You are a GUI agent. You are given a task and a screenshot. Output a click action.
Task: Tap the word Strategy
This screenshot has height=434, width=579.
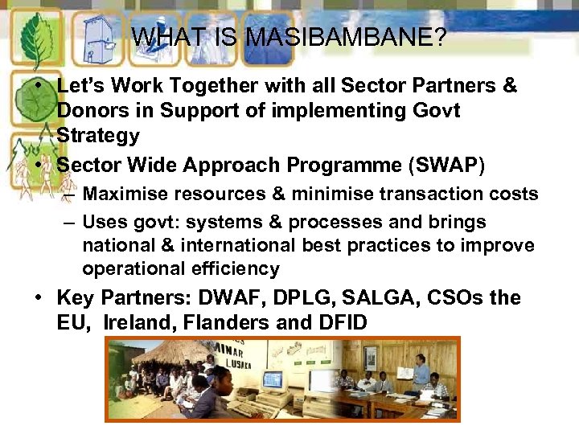tap(98, 136)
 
